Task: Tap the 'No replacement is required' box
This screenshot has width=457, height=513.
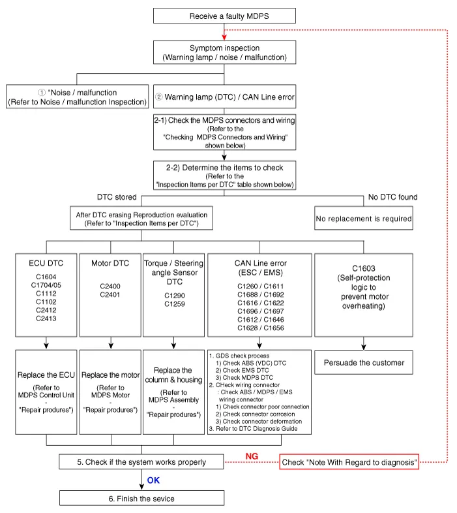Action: tap(364, 219)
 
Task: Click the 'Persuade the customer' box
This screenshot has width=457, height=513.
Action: tap(364, 362)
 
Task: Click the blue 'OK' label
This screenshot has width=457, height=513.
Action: tap(153, 480)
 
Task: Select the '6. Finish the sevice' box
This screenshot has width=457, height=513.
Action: tap(141, 499)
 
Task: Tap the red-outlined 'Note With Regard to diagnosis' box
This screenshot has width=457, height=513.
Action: tap(349, 462)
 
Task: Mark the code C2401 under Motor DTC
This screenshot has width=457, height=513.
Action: tap(110, 294)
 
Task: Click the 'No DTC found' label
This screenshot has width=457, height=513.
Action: tap(392, 196)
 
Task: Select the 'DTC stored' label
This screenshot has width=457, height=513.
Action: tap(117, 196)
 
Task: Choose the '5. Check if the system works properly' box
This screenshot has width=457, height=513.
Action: tap(141, 462)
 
